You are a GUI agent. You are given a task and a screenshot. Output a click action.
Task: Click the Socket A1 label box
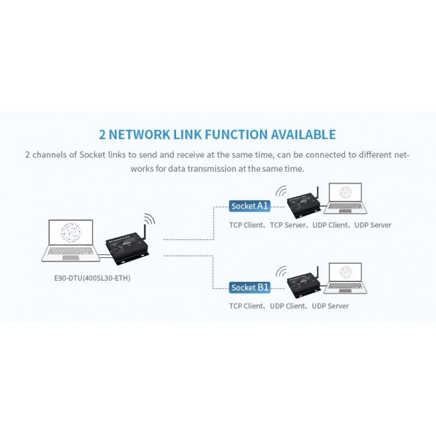tap(250, 206)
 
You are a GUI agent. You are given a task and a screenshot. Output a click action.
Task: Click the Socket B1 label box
tap(250, 287)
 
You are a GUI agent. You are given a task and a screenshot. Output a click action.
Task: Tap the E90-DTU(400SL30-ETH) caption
tap(92, 278)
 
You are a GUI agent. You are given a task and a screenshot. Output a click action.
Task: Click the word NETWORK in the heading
tap(139, 134)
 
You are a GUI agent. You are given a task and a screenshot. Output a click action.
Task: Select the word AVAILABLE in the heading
tap(304, 134)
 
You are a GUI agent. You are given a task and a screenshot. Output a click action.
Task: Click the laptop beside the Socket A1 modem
tap(346, 198)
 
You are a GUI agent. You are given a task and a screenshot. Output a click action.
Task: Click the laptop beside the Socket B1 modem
tap(346, 278)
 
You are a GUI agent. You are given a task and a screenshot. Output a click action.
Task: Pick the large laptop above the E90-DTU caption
tap(71, 240)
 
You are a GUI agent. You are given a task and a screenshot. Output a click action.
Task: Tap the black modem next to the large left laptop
tap(127, 248)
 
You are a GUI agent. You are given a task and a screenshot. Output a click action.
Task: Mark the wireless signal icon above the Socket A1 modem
tap(281, 191)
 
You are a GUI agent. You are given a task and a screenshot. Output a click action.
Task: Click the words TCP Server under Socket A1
tap(288, 225)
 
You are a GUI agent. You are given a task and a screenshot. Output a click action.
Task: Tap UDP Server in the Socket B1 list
tap(330, 306)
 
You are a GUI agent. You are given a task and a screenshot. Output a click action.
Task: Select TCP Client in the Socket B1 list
tap(246, 306)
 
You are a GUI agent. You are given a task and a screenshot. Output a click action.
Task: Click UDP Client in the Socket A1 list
tap(330, 225)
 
